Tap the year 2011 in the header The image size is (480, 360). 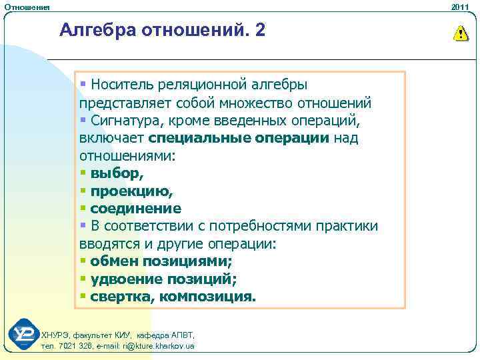tap(460, 6)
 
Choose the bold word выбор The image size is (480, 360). tap(116, 173)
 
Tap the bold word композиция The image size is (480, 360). tap(207, 296)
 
